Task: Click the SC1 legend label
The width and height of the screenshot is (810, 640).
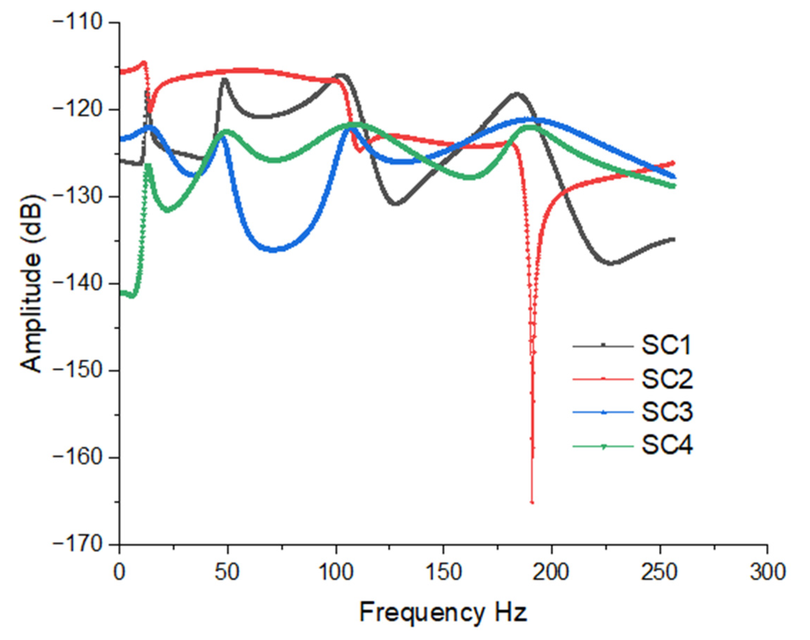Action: tap(666, 345)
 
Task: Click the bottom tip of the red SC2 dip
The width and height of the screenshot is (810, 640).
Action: tap(532, 503)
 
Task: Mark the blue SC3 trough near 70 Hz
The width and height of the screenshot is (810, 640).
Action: tap(273, 250)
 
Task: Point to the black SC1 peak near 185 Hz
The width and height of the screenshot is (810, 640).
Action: tap(518, 93)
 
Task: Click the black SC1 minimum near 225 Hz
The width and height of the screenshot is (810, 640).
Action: tap(611, 263)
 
